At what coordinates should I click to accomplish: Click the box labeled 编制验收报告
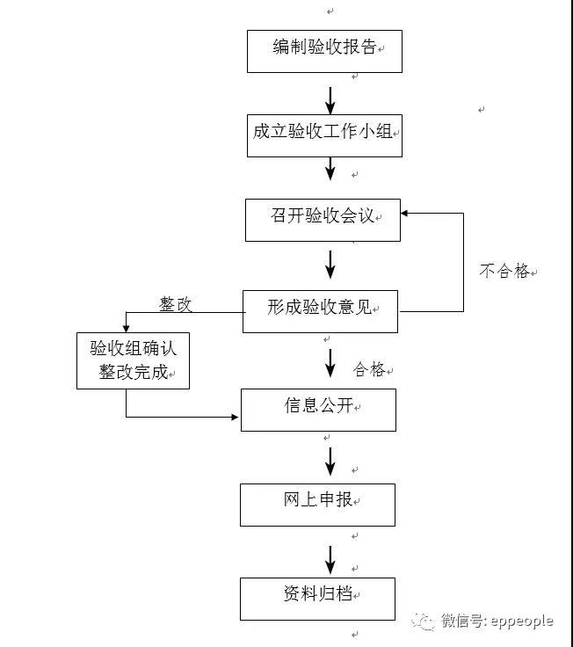point(324,51)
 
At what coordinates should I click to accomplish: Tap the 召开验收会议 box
point(323,219)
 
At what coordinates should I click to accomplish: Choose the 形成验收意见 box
point(320,310)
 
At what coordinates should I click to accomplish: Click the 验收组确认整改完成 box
point(133,360)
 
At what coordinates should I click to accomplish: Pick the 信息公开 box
point(318,409)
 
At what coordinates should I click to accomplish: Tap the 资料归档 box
point(317,598)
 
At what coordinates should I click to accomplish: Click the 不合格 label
point(504,272)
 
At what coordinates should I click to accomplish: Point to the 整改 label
point(175,305)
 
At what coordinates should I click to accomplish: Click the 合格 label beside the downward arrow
point(369,370)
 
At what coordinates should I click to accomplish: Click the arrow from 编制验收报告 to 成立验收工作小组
point(330,99)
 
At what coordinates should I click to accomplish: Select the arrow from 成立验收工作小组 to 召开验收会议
point(330,168)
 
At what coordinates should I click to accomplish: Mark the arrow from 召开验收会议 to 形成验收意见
point(330,264)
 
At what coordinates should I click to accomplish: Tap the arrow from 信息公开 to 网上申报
point(330,460)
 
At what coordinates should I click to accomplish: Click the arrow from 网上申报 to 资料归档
point(330,558)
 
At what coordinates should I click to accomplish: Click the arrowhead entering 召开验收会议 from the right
point(406,212)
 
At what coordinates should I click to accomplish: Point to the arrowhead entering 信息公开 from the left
point(235,416)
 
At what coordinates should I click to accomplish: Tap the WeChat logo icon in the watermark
point(426,622)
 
